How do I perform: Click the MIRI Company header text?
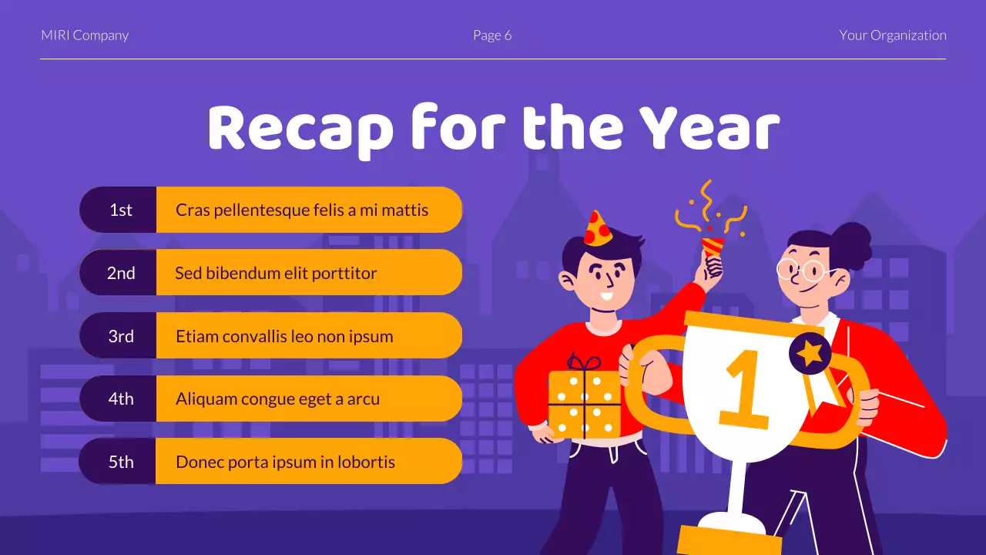(x=85, y=35)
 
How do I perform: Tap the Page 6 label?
(x=492, y=35)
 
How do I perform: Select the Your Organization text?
(x=892, y=35)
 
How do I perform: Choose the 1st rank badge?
(x=120, y=210)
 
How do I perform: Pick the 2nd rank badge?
(x=120, y=273)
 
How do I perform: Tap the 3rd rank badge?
(x=120, y=336)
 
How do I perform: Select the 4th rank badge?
(x=120, y=399)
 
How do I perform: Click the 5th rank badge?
(x=120, y=462)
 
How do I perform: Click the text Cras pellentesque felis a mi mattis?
(x=302, y=210)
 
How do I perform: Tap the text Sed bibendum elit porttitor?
(x=276, y=273)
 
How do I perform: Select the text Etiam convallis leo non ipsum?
(x=284, y=336)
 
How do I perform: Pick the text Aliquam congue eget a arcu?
(x=277, y=399)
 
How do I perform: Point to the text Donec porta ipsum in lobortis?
(x=285, y=462)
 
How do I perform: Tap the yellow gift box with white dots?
(x=584, y=404)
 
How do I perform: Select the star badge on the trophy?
(x=810, y=354)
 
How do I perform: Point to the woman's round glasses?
(x=801, y=270)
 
